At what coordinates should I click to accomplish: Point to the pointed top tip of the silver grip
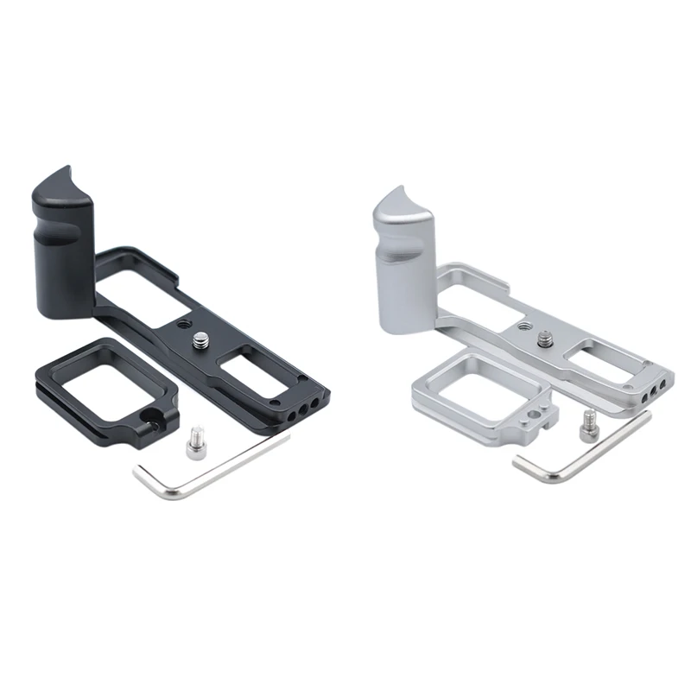coord(405,187)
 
